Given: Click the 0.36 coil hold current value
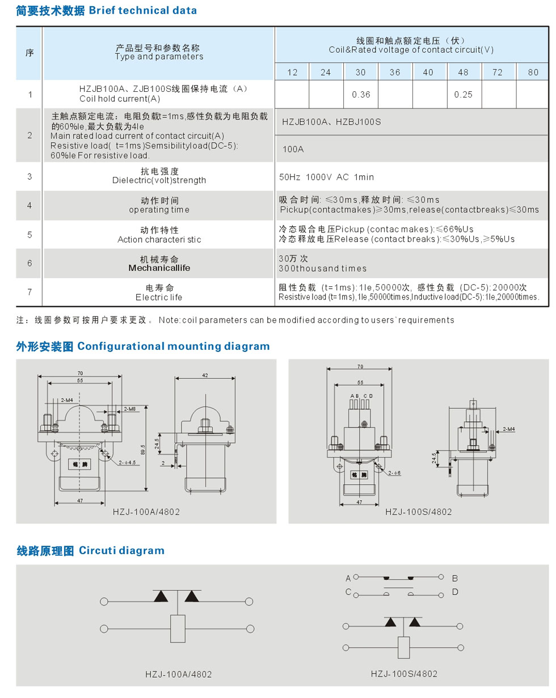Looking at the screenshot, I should click(361, 95).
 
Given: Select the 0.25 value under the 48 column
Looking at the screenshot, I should click(464, 95).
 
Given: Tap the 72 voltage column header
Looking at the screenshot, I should click(498, 73).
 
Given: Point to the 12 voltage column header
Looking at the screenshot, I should click(292, 73).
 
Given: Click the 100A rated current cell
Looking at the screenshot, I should click(293, 149).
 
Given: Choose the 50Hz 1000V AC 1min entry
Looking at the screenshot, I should click(327, 177).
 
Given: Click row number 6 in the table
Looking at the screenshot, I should click(30, 263).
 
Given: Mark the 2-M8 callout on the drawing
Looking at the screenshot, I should click(130, 408).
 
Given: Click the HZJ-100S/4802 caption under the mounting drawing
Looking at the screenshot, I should click(419, 511).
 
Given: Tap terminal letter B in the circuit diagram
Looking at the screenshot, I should click(455, 578).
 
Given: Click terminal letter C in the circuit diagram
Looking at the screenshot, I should click(347, 593).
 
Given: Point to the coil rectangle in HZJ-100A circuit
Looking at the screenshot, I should click(178, 628).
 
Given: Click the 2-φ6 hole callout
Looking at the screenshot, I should click(395, 472).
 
